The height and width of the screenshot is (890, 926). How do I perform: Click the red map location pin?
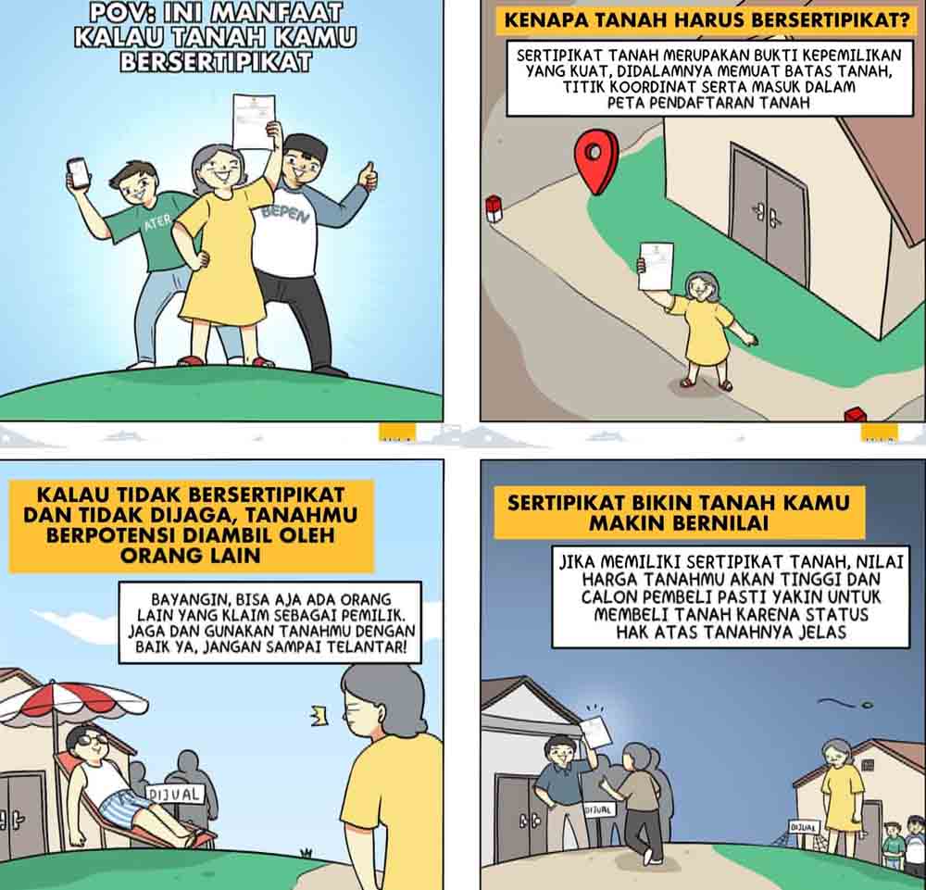596,160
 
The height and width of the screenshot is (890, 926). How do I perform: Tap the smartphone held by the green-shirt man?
78,173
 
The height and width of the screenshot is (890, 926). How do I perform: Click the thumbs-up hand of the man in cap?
369,175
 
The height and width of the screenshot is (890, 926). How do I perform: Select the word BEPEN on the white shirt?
285,214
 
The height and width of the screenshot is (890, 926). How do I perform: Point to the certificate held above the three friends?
254,121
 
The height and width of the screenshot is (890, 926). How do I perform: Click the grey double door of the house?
768,213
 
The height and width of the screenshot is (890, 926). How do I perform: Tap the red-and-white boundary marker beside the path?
494,209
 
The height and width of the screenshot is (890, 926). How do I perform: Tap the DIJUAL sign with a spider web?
805,827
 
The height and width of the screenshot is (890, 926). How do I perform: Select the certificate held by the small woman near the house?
656,266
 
